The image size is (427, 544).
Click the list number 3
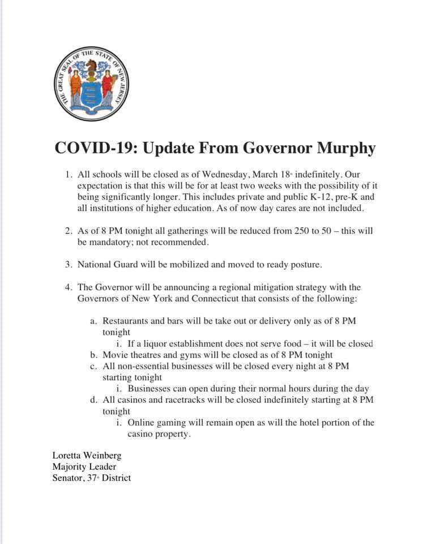67,265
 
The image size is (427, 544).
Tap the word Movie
115,355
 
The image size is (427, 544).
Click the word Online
142,423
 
